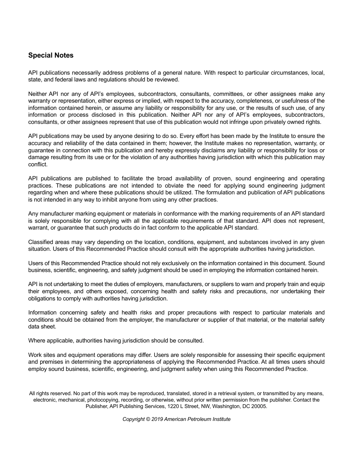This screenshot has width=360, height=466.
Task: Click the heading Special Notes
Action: click(x=51, y=55)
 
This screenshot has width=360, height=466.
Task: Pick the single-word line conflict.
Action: click(x=38, y=164)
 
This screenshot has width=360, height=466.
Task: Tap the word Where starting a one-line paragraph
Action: click(x=36, y=341)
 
